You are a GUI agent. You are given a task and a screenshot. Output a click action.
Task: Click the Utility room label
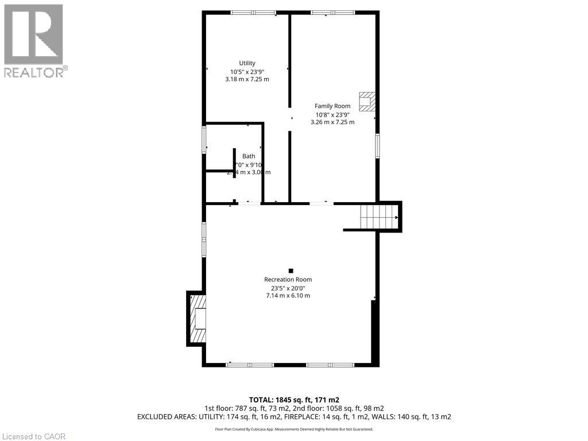tap(247, 63)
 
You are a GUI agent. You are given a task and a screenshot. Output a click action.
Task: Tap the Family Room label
tap(332, 106)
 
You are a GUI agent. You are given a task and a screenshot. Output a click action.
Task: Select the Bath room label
tap(249, 156)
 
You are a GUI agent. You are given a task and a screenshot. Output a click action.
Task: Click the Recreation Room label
tap(288, 280)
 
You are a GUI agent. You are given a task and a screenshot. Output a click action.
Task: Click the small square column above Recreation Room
tap(291, 270)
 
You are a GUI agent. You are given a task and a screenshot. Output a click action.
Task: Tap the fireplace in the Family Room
tap(366, 102)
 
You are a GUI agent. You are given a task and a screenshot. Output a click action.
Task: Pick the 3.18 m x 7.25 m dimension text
tap(247, 79)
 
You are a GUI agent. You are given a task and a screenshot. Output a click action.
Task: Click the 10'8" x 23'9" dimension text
tap(332, 114)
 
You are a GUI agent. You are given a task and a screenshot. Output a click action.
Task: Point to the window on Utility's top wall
tap(253, 13)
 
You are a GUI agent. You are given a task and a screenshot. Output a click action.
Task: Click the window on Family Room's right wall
tap(377, 145)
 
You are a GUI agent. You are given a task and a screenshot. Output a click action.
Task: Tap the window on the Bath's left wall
tap(204, 140)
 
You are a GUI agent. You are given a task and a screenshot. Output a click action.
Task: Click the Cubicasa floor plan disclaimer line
tap(293, 429)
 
